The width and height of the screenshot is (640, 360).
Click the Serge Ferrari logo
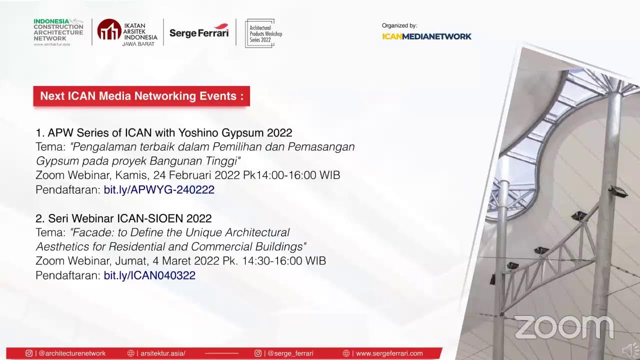click(199, 31)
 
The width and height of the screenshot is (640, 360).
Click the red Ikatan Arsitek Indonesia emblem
click(109, 29)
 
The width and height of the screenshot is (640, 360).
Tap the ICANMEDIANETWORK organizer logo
click(426, 36)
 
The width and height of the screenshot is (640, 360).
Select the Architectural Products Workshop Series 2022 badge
click(261, 33)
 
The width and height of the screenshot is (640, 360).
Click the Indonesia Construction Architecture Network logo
click(58, 32)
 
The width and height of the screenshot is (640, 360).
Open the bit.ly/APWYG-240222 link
click(159, 189)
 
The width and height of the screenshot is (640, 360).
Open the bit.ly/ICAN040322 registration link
click(149, 275)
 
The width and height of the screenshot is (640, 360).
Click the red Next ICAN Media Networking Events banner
click(141, 96)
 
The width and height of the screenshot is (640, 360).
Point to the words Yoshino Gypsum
click(221, 133)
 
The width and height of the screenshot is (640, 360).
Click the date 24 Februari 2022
click(196, 175)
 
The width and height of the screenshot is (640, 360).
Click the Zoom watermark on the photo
click(564, 327)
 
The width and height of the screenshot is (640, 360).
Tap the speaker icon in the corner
click(630, 350)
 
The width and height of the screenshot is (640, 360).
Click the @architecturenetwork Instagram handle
click(71, 353)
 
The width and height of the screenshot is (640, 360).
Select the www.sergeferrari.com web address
click(389, 353)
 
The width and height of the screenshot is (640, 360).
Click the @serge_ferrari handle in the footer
click(290, 353)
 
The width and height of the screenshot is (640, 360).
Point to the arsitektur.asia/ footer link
click(163, 353)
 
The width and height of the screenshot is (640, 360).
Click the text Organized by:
click(399, 25)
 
